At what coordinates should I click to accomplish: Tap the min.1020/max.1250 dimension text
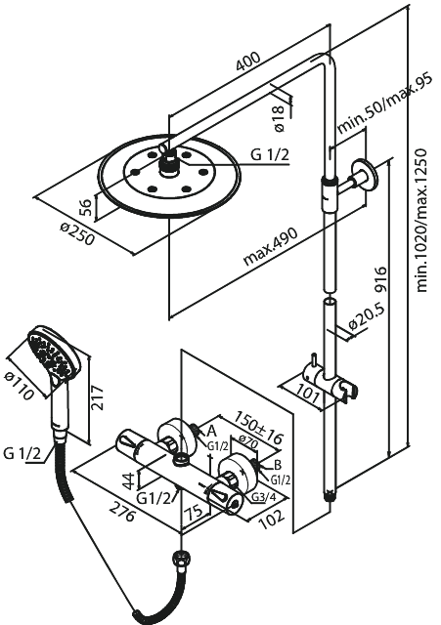coord(422,221)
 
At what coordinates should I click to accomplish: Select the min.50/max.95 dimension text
coord(385,106)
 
